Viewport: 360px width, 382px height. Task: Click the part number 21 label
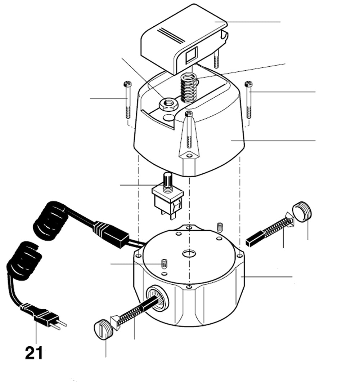(34, 352)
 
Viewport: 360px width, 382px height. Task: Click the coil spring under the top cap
(188, 88)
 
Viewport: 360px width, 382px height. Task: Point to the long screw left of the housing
(127, 100)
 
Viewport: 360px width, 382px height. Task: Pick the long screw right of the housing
(248, 100)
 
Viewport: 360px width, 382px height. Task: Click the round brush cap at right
(302, 212)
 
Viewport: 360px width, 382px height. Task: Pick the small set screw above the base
(220, 227)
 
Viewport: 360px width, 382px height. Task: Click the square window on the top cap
(190, 54)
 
